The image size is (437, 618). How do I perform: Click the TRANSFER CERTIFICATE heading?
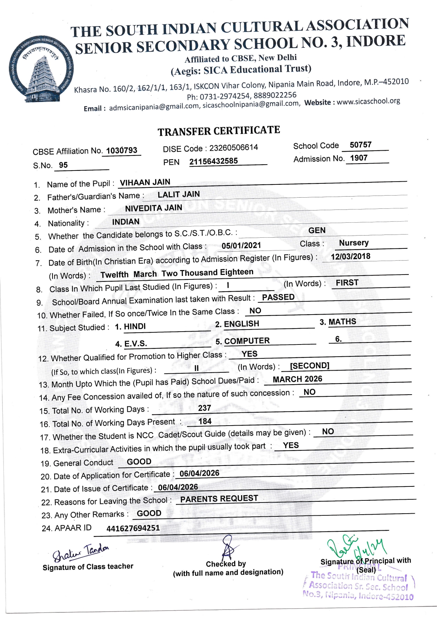[218, 131]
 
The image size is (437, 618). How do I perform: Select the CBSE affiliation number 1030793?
[122, 150]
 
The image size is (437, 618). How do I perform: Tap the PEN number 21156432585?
[214, 161]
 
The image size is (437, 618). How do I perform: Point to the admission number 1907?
[359, 158]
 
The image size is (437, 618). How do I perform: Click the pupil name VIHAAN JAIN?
[145, 182]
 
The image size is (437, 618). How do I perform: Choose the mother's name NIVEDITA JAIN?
[153, 208]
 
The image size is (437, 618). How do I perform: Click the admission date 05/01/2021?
[241, 245]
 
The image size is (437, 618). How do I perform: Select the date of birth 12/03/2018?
[350, 256]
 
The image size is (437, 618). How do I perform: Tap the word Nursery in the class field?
[354, 243]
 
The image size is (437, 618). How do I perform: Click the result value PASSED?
[278, 297]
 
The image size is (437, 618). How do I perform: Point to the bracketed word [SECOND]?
[310, 365]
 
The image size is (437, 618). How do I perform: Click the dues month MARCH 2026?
[297, 379]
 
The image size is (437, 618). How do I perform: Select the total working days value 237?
[205, 408]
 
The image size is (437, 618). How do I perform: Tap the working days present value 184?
[205, 421]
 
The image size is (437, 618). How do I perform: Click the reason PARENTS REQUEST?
[219, 499]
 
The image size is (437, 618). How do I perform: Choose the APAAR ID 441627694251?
[133, 528]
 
